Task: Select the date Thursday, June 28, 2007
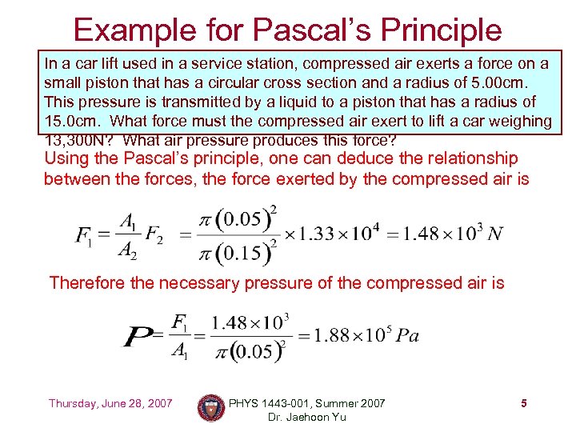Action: [x=110, y=403]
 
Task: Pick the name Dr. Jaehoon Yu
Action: [x=306, y=417]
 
